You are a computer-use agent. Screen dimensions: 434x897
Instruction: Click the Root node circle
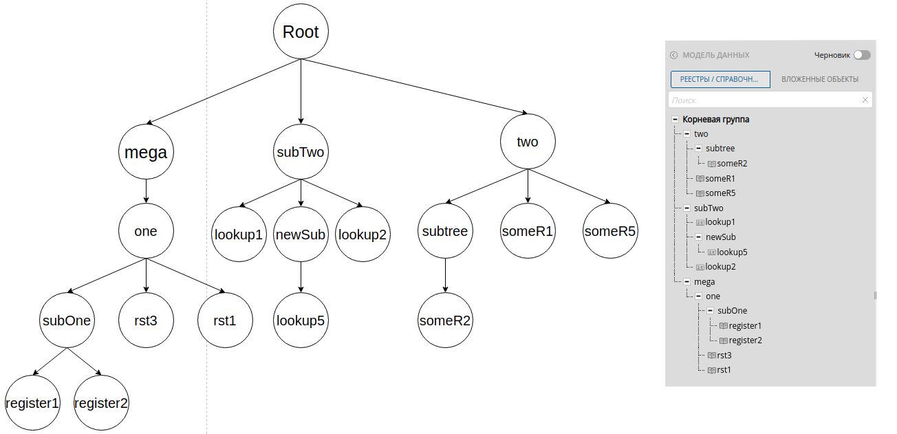pyautogui.click(x=301, y=32)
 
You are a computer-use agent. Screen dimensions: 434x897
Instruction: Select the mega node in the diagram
pyautogui.click(x=145, y=152)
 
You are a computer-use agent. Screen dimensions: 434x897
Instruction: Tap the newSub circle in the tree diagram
pyautogui.click(x=301, y=235)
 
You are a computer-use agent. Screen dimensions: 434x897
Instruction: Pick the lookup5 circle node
pyautogui.click(x=301, y=321)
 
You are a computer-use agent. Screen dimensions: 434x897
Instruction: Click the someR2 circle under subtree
pyautogui.click(x=446, y=321)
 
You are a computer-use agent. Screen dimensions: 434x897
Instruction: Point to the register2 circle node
pyautogui.click(x=101, y=403)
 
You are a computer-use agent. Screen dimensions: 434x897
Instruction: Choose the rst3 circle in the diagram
pyautogui.click(x=146, y=321)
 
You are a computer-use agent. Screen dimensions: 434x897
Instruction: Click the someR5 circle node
pyautogui.click(x=610, y=231)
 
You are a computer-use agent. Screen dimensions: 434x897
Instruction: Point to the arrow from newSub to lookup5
pyautogui.click(x=301, y=277)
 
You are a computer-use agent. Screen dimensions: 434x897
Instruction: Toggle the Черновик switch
pyautogui.click(x=862, y=55)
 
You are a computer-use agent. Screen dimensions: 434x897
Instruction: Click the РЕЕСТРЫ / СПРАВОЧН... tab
pyautogui.click(x=720, y=79)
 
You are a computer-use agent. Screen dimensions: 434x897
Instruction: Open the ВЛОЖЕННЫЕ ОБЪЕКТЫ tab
pyautogui.click(x=819, y=79)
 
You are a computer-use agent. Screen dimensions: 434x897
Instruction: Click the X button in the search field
pyautogui.click(x=865, y=100)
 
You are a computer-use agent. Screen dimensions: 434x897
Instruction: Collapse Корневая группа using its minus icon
pyautogui.click(x=675, y=119)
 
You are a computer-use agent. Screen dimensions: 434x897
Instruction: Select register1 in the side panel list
pyautogui.click(x=745, y=325)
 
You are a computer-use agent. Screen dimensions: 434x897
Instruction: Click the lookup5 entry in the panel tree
pyautogui.click(x=732, y=252)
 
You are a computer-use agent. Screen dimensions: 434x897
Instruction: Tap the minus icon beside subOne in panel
pyautogui.click(x=710, y=311)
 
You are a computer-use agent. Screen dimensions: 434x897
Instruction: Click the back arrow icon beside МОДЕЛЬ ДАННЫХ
pyautogui.click(x=673, y=55)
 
